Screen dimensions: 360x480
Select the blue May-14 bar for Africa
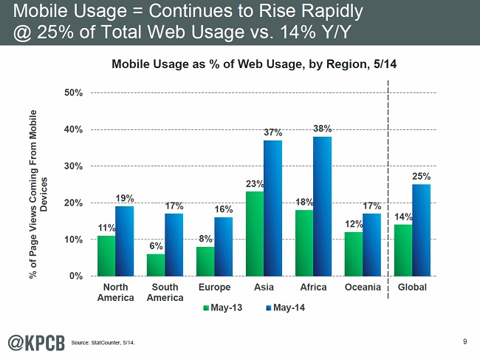[321, 206]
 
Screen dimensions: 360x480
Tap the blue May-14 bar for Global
[421, 230]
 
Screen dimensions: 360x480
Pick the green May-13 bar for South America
[156, 265]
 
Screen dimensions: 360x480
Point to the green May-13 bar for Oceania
[353, 254]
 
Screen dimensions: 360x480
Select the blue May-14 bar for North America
[124, 241]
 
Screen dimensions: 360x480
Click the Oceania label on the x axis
[363, 288]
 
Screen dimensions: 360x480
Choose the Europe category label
[213, 288]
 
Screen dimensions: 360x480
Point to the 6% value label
[155, 245]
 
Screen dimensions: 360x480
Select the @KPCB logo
[35, 341]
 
